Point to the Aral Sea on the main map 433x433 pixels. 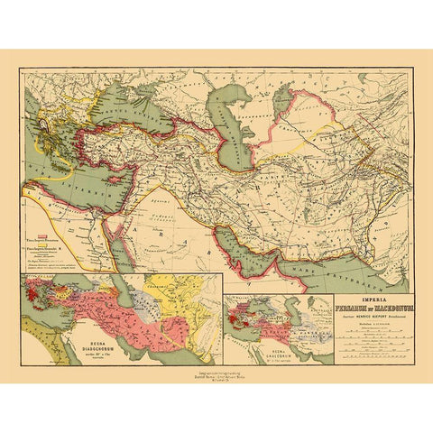pyautogui.click(x=287, y=95)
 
